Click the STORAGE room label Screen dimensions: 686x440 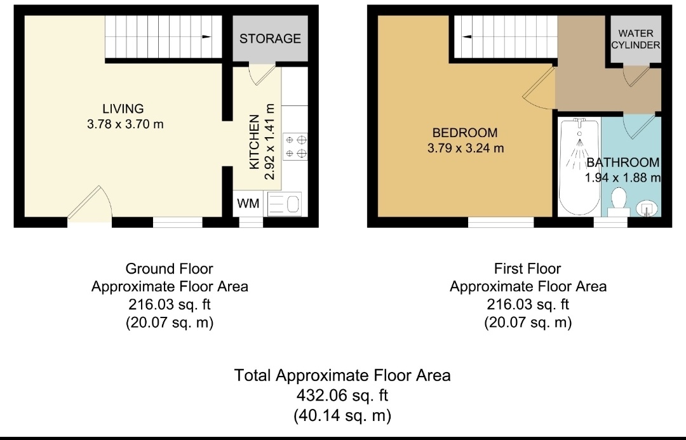[270, 39]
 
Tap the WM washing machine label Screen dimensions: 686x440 [248, 203]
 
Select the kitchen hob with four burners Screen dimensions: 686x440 [295, 147]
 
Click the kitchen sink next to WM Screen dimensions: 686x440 [284, 204]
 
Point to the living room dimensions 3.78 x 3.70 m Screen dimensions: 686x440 [125, 124]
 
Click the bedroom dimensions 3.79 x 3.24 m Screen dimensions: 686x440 [466, 149]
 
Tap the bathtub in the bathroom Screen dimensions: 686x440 [579, 166]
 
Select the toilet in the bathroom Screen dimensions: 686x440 [619, 203]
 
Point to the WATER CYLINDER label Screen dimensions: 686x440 [636, 39]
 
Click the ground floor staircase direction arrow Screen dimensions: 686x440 [206, 37]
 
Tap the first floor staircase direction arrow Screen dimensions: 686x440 [467, 37]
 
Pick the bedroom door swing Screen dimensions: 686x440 [538, 89]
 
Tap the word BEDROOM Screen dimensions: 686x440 [465, 133]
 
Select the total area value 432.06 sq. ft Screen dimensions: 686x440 [342, 396]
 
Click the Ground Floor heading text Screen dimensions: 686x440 [170, 269]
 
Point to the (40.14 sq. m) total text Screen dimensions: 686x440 [342, 415]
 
